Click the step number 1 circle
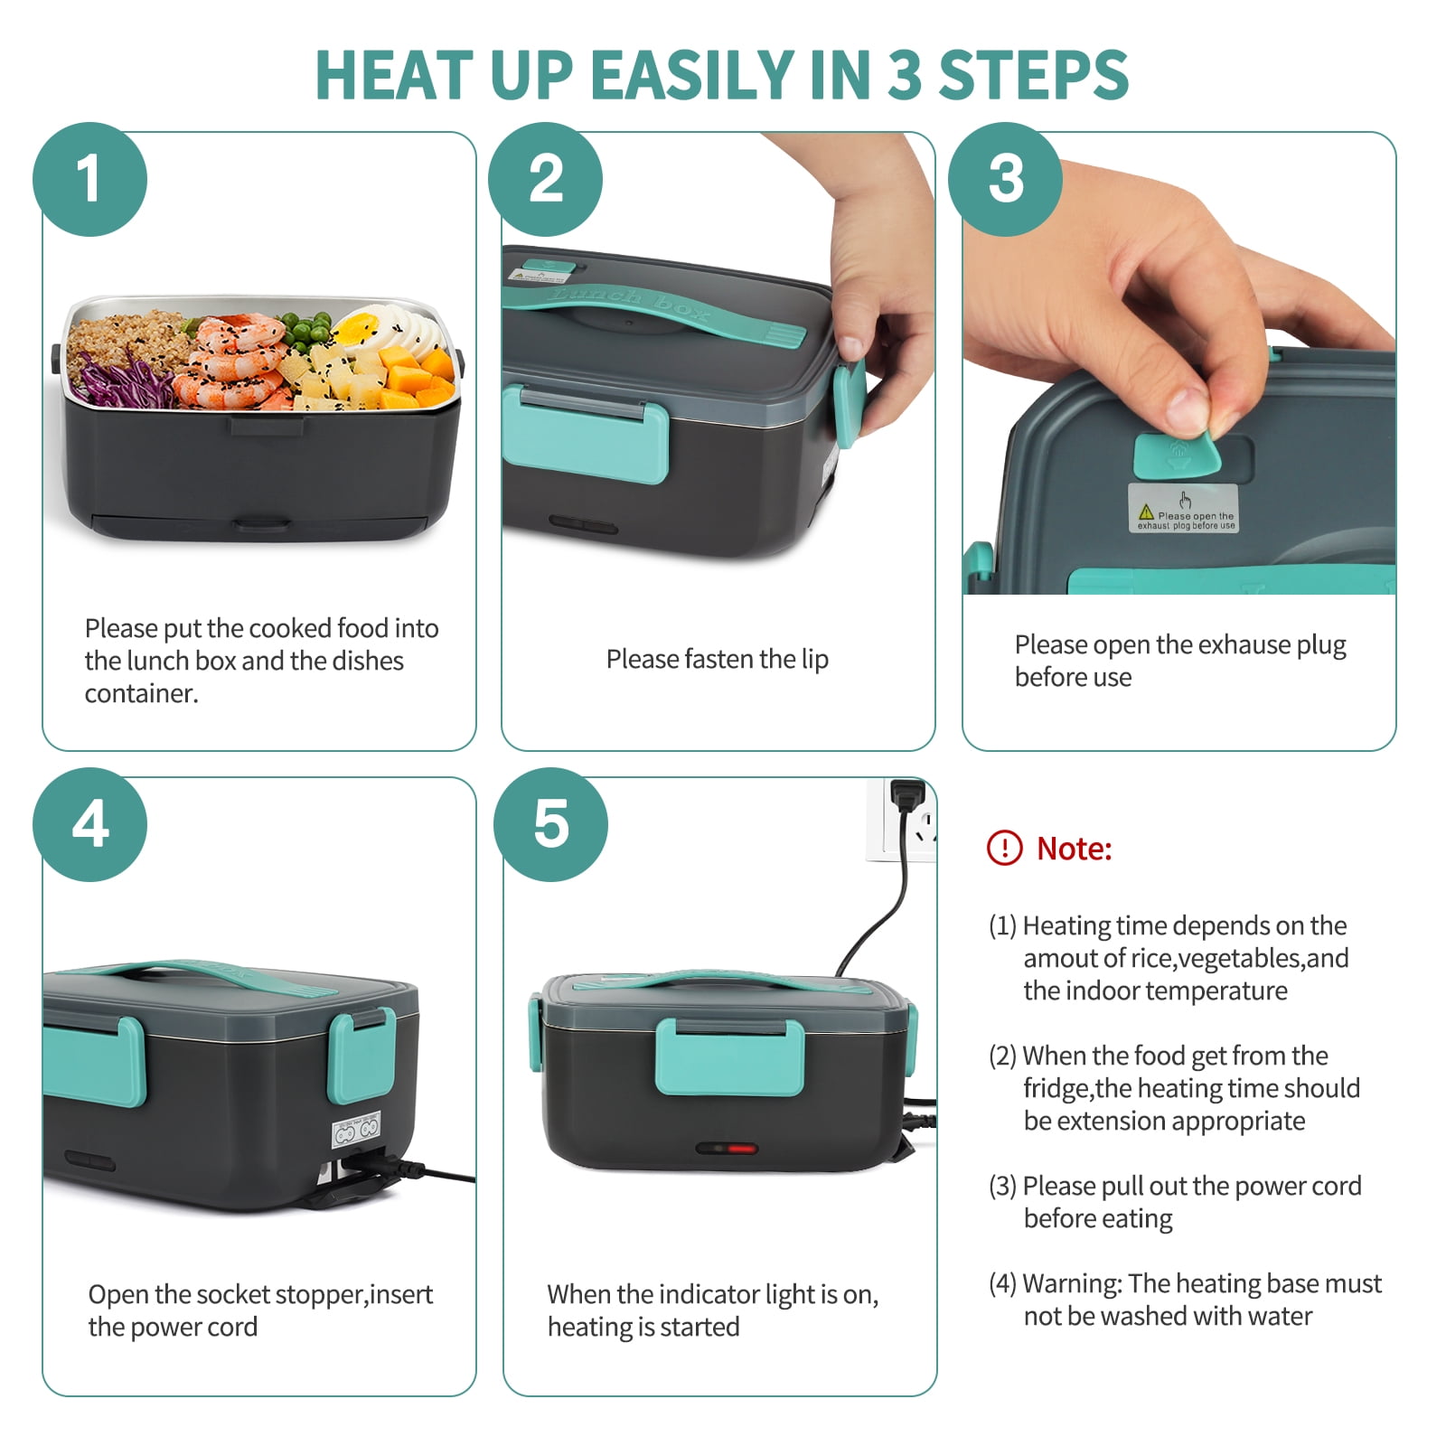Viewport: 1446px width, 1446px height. [89, 179]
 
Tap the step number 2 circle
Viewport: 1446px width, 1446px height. [545, 179]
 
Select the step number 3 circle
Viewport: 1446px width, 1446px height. [1005, 179]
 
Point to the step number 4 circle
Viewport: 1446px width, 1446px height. [89, 824]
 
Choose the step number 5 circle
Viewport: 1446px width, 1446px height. [550, 824]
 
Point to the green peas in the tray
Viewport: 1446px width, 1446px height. [305, 329]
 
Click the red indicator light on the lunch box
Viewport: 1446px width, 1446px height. [741, 1149]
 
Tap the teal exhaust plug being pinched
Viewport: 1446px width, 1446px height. [1177, 455]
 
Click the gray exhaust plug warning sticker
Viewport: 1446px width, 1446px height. [1183, 508]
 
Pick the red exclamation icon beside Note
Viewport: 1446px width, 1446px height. [1004, 848]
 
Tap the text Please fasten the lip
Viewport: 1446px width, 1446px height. [718, 660]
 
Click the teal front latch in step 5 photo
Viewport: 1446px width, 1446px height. [729, 1056]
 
